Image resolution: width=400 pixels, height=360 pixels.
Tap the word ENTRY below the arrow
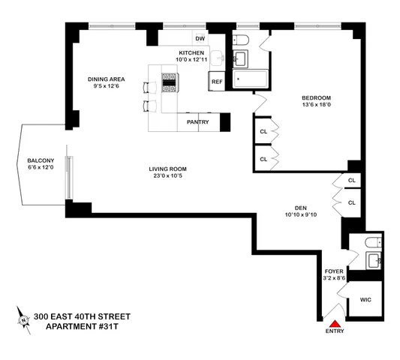335,331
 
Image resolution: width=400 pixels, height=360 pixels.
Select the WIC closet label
365,298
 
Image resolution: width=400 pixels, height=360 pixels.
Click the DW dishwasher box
200,38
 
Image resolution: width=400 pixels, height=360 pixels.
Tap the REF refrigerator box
217,80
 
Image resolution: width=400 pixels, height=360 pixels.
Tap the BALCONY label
39,160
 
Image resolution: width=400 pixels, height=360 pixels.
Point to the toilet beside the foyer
368,242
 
